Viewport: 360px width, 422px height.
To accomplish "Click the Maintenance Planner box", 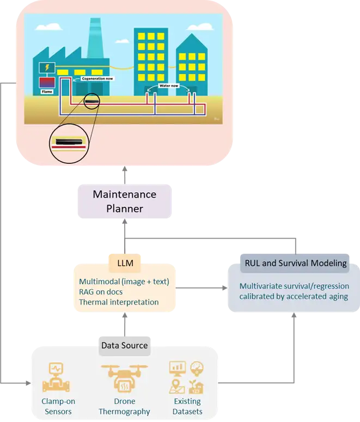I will [124, 201].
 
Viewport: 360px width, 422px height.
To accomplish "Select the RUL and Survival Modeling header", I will [295, 264].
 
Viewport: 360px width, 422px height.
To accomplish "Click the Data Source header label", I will [124, 345].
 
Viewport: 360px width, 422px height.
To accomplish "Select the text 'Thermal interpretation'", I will [119, 302].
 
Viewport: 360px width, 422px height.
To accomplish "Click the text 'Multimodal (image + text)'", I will [124, 282].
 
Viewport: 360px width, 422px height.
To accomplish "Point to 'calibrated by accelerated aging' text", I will [294, 296].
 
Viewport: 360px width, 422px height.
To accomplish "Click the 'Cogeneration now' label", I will [98, 78].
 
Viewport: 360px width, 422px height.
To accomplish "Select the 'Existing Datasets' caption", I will [187, 407].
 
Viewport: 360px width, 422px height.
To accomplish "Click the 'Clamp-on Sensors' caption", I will [57, 407].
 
